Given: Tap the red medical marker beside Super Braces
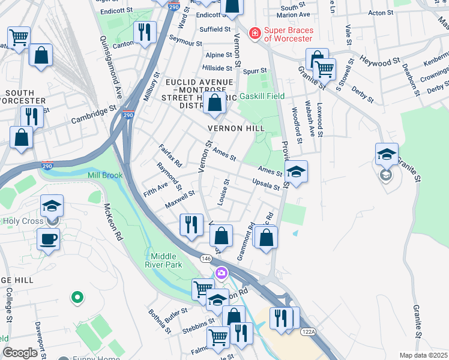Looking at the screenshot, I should (x=255, y=33).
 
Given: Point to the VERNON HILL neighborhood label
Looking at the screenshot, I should (x=236, y=128).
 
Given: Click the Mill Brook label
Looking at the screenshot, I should (x=105, y=175).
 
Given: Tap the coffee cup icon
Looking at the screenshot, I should (x=48, y=239).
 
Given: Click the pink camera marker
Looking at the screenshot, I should (x=221, y=273).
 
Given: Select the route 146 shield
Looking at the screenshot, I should (x=206, y=258).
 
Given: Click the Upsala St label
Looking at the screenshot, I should (x=267, y=184).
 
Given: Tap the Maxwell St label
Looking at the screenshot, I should (x=180, y=200).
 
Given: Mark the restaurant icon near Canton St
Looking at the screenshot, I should (x=144, y=32).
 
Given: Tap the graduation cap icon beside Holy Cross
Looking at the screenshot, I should (x=52, y=206).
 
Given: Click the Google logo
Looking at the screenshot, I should (x=20, y=353).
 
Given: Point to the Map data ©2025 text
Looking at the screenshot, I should (x=423, y=355).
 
